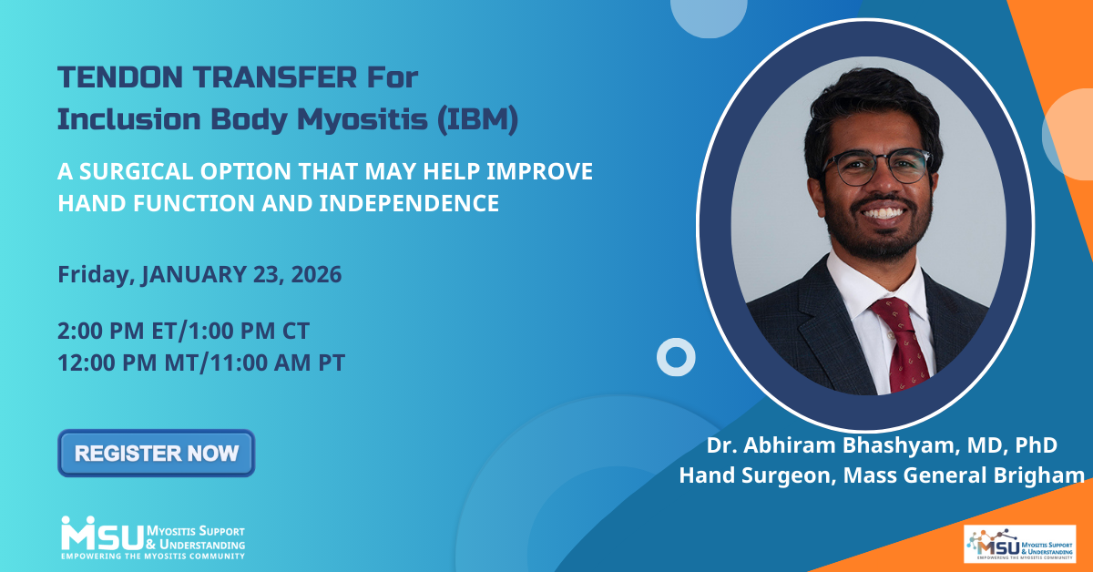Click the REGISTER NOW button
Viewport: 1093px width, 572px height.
tap(156, 453)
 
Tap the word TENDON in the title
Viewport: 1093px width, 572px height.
tap(120, 77)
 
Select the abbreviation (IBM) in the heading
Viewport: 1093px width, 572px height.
tap(477, 119)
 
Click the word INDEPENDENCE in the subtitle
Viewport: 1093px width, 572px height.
tap(409, 203)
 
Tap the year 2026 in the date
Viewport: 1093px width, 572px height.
tap(316, 274)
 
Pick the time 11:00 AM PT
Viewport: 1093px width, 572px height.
tap(277, 363)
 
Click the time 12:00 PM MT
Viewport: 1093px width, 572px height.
tap(128, 363)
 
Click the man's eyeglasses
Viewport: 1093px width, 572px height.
tap(877, 167)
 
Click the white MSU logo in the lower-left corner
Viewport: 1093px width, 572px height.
tap(153, 537)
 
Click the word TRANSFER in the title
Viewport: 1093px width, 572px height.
tap(275, 77)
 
